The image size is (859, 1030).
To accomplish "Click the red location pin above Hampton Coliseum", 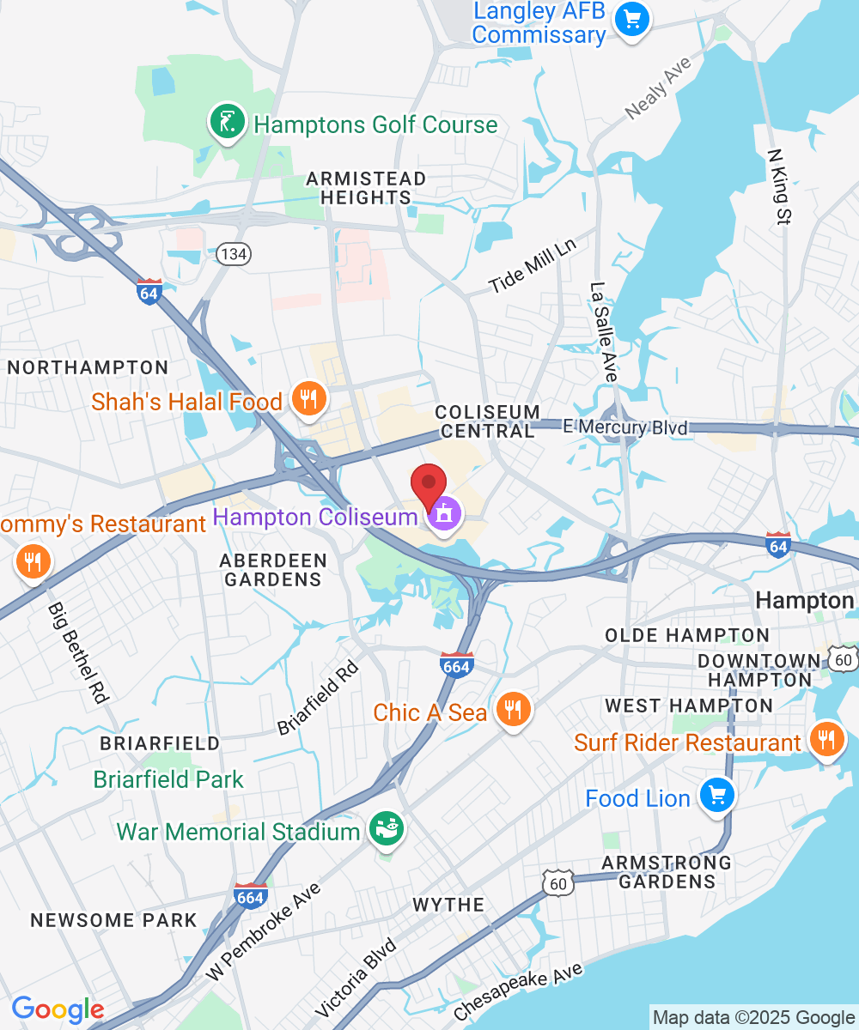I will (429, 484).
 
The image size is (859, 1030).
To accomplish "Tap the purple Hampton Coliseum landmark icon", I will (445, 515).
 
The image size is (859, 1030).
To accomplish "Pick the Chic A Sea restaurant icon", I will (513, 710).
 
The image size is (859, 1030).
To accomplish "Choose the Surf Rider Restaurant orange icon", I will (826, 740).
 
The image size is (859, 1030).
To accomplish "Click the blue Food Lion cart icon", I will (716, 796).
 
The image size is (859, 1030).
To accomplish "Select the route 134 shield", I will (233, 254).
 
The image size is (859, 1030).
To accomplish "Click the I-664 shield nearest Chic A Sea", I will (456, 664).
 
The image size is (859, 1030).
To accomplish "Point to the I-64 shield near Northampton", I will (149, 291).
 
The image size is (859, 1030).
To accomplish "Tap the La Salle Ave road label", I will (604, 331).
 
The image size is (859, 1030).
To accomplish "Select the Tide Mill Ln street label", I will (533, 264).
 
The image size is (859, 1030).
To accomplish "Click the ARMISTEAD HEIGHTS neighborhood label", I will (367, 188).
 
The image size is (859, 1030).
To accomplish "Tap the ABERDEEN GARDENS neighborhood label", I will (273, 570).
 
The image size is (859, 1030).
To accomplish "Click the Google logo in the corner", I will (58, 1009).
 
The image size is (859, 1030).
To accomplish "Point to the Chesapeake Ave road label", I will (519, 992).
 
